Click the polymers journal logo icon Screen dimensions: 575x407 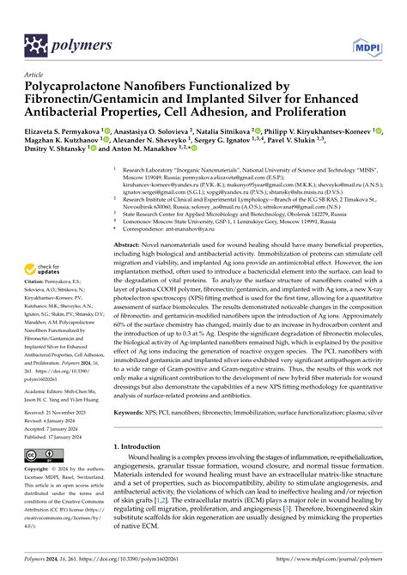pos(35,44)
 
